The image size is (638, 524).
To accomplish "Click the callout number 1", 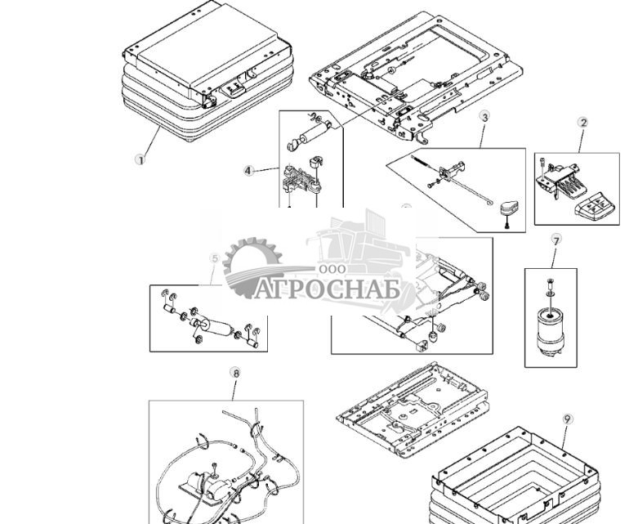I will [x=140, y=159].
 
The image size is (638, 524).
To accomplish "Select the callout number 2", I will [x=583, y=123].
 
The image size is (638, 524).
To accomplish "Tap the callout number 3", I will [x=484, y=118].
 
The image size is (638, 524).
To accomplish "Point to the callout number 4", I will [x=248, y=171].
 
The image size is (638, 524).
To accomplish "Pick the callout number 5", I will [x=215, y=259].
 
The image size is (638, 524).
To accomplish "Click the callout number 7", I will [x=556, y=240].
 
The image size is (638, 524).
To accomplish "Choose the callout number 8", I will [x=236, y=374].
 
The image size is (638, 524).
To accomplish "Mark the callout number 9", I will [x=568, y=419].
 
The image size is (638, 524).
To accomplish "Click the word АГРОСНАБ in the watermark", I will [x=327, y=289].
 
